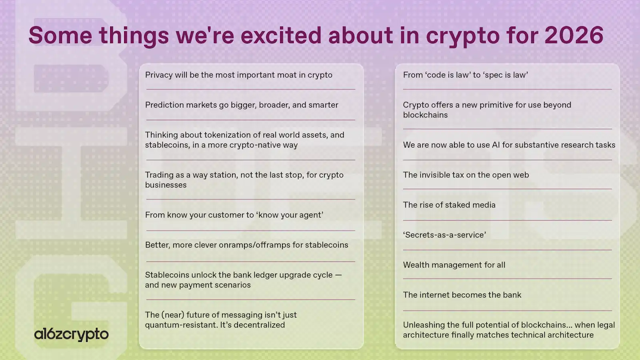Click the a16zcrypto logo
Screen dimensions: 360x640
click(71, 334)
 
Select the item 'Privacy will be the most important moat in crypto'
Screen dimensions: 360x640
click(238, 75)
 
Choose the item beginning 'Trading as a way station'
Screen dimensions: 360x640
click(244, 180)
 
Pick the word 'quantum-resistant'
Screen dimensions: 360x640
click(180, 325)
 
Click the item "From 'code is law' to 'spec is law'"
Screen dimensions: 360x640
click(465, 75)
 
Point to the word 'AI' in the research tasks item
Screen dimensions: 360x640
click(496, 145)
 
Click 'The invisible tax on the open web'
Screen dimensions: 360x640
click(466, 175)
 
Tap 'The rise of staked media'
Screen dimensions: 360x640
click(449, 205)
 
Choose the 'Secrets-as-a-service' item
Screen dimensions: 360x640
click(444, 235)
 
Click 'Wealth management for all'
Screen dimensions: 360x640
click(454, 265)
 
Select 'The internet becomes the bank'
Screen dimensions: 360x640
click(462, 295)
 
